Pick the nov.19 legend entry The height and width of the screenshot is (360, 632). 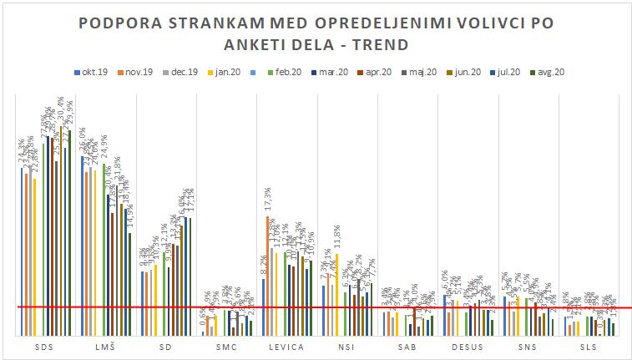click(137, 72)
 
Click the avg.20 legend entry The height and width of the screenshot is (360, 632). click(553, 72)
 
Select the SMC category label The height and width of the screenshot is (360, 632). click(226, 346)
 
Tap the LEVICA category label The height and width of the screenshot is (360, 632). click(286, 346)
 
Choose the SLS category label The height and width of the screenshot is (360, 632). click(588, 346)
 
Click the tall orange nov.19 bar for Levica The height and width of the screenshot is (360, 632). click(268, 276)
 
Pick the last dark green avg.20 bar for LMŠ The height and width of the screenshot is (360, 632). click(130, 284)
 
